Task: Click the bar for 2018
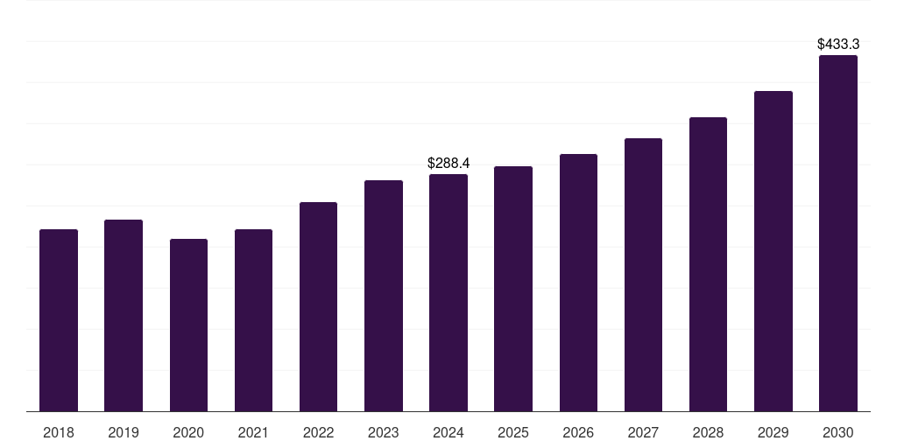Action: click(59, 320)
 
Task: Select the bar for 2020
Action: click(189, 325)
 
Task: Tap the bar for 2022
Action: click(318, 307)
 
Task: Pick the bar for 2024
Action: click(448, 292)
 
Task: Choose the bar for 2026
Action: click(578, 283)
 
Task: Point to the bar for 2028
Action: click(708, 264)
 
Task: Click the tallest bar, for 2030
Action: click(838, 233)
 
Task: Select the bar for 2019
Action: click(124, 315)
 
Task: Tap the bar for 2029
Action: click(773, 251)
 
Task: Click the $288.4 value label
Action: click(448, 164)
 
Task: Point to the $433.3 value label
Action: click(838, 44)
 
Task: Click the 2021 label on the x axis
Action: click(253, 432)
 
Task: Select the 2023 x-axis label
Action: click(384, 432)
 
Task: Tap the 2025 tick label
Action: click(513, 432)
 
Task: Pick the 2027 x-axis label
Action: click(643, 432)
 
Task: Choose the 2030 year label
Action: click(838, 432)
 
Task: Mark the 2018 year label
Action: click(59, 432)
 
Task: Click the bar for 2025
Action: click(513, 289)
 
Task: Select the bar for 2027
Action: click(643, 275)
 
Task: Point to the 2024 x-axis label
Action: click(448, 432)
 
